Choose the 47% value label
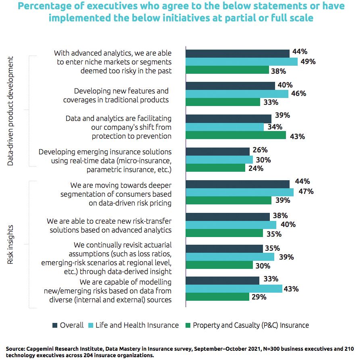[x=306, y=191]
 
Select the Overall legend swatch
[x=55, y=325]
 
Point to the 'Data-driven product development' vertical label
[x=11, y=111]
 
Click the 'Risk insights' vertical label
[x=11, y=245]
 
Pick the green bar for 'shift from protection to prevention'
[x=236, y=136]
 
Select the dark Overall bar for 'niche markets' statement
[x=237, y=53]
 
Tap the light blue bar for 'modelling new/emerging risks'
[x=234, y=288]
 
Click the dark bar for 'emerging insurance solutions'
[x=217, y=151]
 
